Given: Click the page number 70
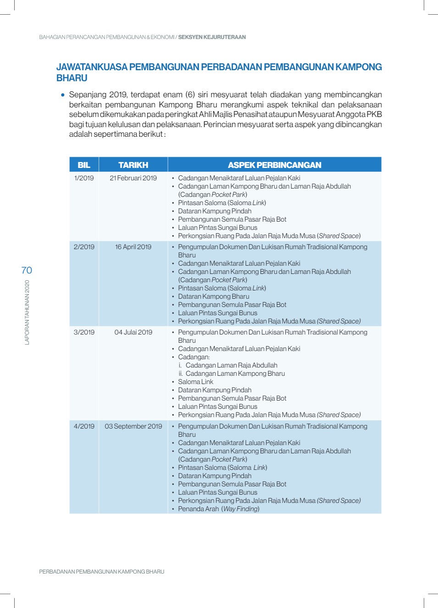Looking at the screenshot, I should [27, 270].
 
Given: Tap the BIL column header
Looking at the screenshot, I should [84, 165].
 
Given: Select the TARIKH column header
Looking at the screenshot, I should [133, 165].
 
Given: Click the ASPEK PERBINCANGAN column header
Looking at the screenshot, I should [274, 165].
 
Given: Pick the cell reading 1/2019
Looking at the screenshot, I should [84, 178].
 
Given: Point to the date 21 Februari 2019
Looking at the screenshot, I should [133, 178].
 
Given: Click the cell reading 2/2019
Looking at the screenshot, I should [84, 247].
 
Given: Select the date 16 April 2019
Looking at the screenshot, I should [133, 247].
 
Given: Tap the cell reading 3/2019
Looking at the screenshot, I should [84, 332].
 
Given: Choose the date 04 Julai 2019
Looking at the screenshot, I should [133, 332].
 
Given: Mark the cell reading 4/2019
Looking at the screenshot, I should [84, 426].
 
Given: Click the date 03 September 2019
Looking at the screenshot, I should [133, 426].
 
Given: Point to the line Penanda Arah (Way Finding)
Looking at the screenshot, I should [218, 509].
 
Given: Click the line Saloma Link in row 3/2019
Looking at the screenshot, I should [195, 382].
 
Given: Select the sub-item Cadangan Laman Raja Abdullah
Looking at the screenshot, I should [231, 365].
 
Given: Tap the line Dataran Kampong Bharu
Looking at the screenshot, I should [213, 296].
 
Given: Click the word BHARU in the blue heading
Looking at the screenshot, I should [72, 78].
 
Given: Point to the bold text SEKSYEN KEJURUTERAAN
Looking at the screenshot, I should [212, 37].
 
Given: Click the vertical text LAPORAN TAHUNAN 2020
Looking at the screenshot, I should [27, 312].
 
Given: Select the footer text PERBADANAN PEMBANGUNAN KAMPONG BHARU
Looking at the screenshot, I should [101, 572].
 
